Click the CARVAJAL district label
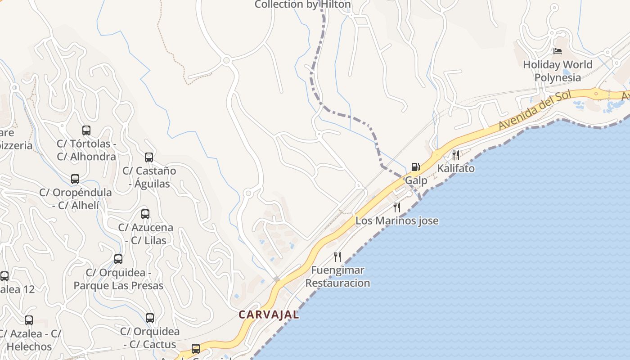pos(269,315)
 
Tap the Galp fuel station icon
pos(415,167)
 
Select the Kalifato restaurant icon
pos(456,155)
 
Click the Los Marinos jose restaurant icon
pos(397,207)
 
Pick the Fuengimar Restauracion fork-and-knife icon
pos(337,257)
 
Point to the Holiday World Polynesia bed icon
pos(558,51)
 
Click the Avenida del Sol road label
pos(534,110)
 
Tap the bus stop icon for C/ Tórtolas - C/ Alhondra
pos(86,130)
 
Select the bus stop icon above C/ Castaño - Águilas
pos(149,157)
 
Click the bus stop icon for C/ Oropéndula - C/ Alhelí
pos(75,179)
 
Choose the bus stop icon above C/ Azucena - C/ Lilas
pos(145,214)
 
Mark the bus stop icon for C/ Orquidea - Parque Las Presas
pos(118,259)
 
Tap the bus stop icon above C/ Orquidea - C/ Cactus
pos(150,318)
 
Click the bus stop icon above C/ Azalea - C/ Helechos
pos(29,320)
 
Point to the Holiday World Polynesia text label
pos(558,71)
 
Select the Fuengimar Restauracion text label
pos(337,277)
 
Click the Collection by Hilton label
pos(302,4)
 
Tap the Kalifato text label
pos(456,168)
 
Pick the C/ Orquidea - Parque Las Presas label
pos(118,279)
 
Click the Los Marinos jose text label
pos(397,221)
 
